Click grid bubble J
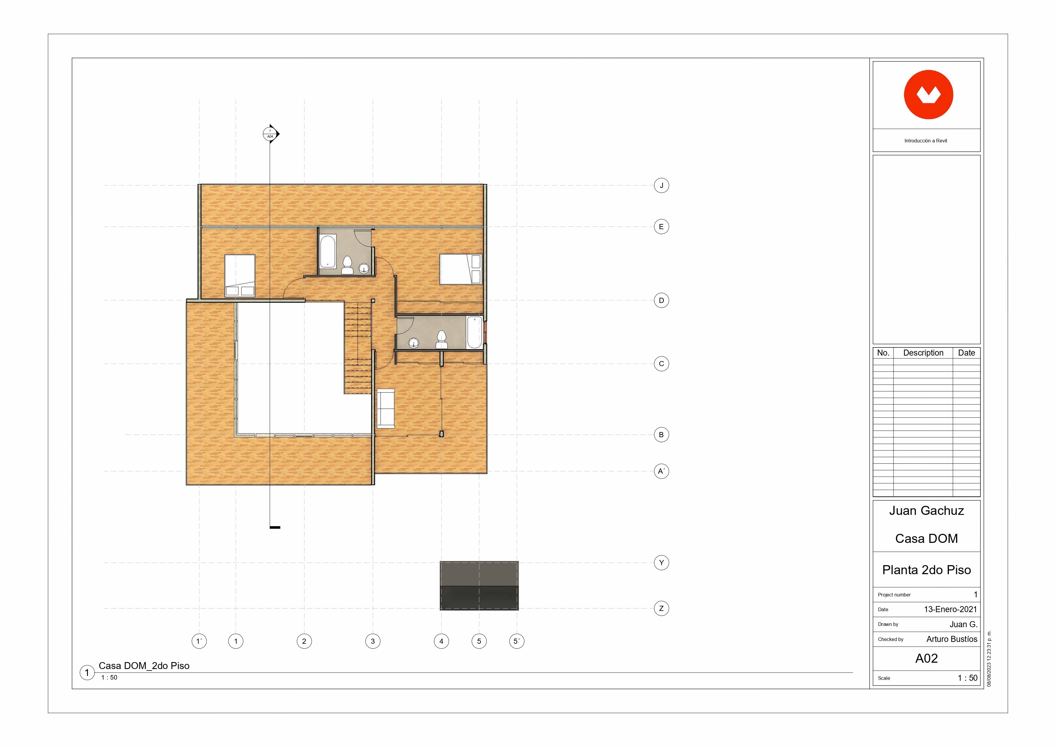click(661, 185)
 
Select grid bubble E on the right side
click(661, 226)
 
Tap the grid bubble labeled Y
click(661, 562)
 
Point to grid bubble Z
click(661, 608)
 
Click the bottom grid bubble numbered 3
click(373, 641)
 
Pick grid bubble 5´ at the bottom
click(517, 641)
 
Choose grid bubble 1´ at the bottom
click(199, 641)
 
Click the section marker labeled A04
click(270, 134)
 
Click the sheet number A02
click(926, 658)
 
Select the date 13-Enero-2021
click(950, 609)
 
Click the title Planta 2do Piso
click(926, 570)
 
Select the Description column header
click(923, 353)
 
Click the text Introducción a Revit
click(926, 141)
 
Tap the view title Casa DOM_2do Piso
click(144, 666)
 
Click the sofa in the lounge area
click(386, 409)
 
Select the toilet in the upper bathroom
click(347, 265)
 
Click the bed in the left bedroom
click(240, 275)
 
